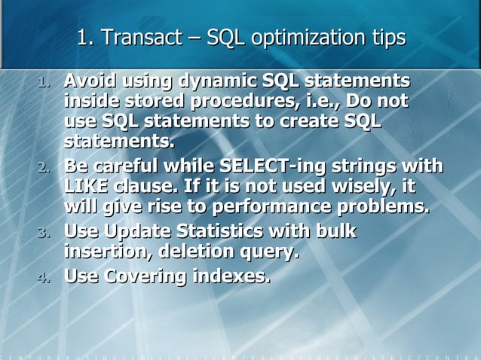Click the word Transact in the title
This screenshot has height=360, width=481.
pos(136,37)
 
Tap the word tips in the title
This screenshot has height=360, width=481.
pos(386,37)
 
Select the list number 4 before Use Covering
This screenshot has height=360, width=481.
pos(43,277)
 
